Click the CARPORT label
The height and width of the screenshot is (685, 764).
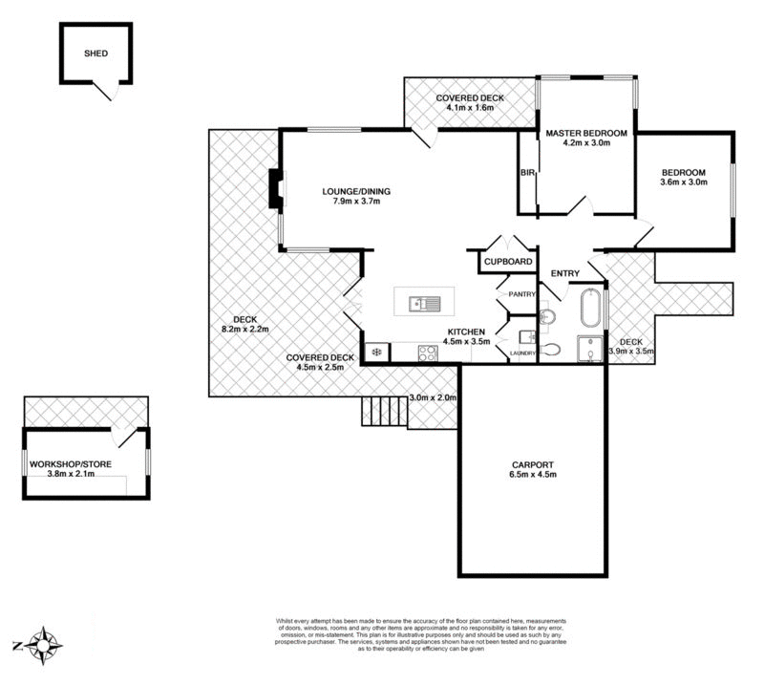(533, 462)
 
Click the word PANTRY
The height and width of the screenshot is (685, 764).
(521, 294)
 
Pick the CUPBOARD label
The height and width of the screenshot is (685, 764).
(507, 261)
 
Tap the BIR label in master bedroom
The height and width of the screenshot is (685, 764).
(526, 173)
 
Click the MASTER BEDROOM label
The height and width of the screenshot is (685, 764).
(585, 133)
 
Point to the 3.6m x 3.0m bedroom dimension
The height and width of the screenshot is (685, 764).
(684, 182)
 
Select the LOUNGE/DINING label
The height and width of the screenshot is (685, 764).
(356, 191)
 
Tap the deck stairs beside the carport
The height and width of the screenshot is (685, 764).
(384, 412)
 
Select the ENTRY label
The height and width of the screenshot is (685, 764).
(565, 274)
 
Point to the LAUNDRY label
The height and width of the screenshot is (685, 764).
(521, 354)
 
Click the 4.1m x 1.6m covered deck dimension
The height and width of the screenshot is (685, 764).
(470, 108)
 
